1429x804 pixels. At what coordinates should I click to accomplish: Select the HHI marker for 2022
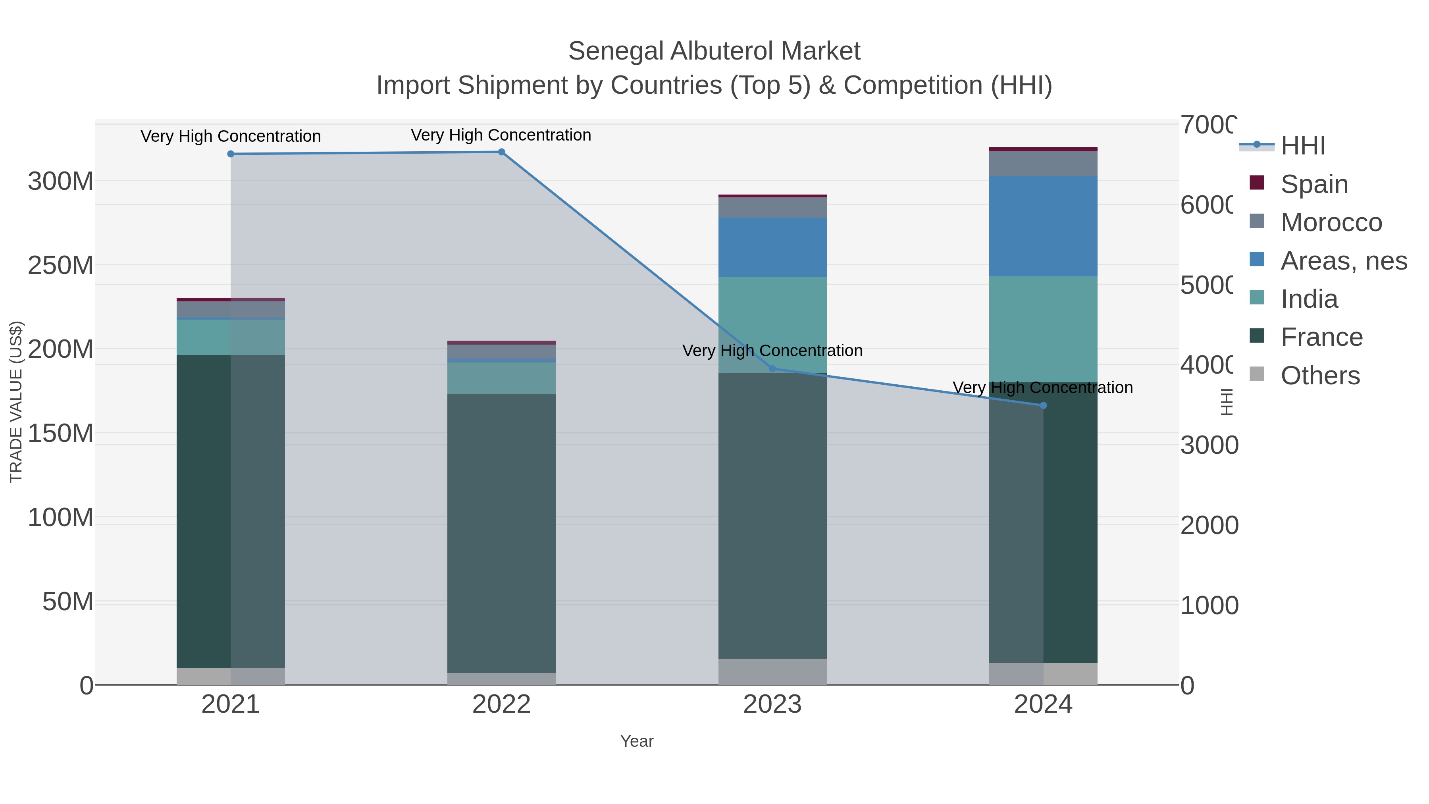pyautogui.click(x=501, y=152)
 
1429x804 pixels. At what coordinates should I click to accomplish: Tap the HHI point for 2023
pyautogui.click(x=772, y=369)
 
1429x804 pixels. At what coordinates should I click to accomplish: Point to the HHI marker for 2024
pyautogui.click(x=1043, y=406)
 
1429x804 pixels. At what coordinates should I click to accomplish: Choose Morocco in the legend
pyautogui.click(x=1331, y=222)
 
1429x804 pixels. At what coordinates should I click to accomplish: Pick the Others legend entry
pyautogui.click(x=1320, y=376)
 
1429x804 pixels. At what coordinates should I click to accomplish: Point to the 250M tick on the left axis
pyautogui.click(x=60, y=265)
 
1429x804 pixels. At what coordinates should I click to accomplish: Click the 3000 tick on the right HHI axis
pyautogui.click(x=1209, y=445)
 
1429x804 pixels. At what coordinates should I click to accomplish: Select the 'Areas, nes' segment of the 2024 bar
pyautogui.click(x=1043, y=226)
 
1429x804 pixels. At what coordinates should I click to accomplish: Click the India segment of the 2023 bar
pyautogui.click(x=772, y=325)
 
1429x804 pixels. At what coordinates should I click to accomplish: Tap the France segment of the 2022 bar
pyautogui.click(x=501, y=533)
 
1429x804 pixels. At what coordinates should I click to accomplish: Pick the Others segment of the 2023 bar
pyautogui.click(x=772, y=671)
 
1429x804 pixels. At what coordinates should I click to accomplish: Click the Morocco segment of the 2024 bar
pyautogui.click(x=1043, y=164)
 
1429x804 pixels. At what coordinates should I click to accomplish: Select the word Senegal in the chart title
pyautogui.click(x=616, y=51)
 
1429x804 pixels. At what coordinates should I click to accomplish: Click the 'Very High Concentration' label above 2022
pyautogui.click(x=501, y=135)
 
